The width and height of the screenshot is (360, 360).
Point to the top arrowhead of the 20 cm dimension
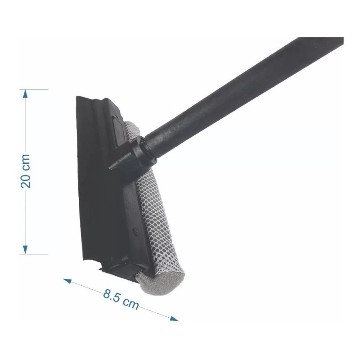pos(25,94)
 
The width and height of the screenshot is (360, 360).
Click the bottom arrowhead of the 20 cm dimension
pos(25,250)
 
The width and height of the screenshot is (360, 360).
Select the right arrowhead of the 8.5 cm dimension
pos(174,318)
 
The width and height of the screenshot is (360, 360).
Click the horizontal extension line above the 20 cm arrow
pos(34,89)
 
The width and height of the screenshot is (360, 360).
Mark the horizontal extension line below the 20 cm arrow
pos(34,254)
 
